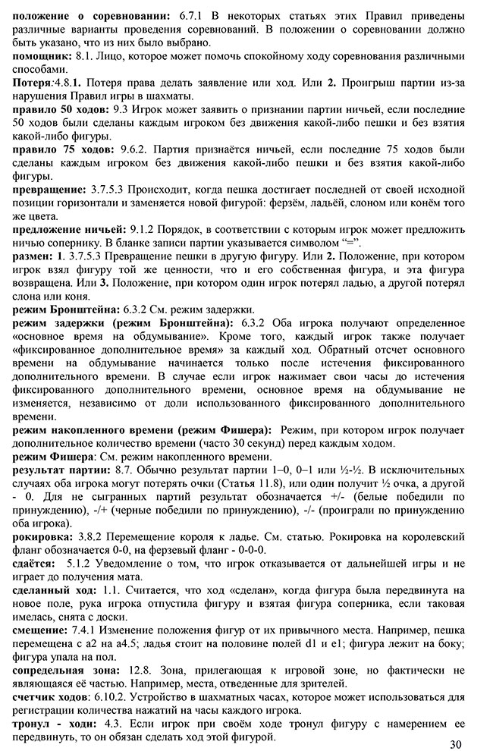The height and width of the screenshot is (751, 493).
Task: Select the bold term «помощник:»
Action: [x=44, y=57]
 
